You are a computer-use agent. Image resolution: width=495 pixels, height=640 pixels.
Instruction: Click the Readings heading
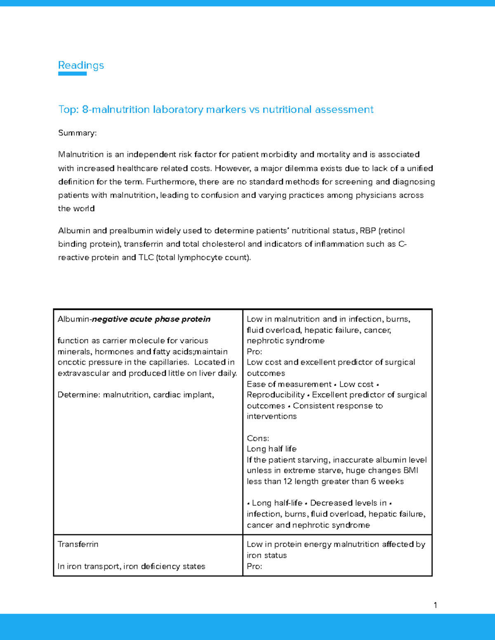pos(81,65)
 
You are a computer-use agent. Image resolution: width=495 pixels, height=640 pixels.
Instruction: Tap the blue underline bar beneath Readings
pos(72,74)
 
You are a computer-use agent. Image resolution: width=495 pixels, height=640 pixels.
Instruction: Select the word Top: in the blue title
pos(68,110)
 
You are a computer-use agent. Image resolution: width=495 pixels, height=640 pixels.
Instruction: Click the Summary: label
pos(77,133)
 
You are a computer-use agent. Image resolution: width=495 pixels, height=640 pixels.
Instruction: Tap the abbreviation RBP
pos(368,231)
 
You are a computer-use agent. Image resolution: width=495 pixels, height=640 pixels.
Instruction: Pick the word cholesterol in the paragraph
pos(223,244)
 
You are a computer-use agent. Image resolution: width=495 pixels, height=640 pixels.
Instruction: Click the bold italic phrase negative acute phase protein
pos(151,319)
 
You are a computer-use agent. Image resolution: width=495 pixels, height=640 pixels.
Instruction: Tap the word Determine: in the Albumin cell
pos(79,395)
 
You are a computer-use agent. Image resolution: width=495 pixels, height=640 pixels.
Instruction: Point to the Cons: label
pos(258,438)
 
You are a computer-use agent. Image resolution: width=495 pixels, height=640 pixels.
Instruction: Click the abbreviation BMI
pos(410,470)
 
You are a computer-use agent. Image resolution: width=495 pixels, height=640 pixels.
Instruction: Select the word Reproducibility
pos(276,395)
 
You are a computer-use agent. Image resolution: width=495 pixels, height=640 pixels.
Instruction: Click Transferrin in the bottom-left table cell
pos(78,544)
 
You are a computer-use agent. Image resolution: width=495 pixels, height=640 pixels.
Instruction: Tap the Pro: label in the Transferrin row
pos(254,566)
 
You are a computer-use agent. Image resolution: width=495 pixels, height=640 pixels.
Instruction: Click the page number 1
pos(435,605)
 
